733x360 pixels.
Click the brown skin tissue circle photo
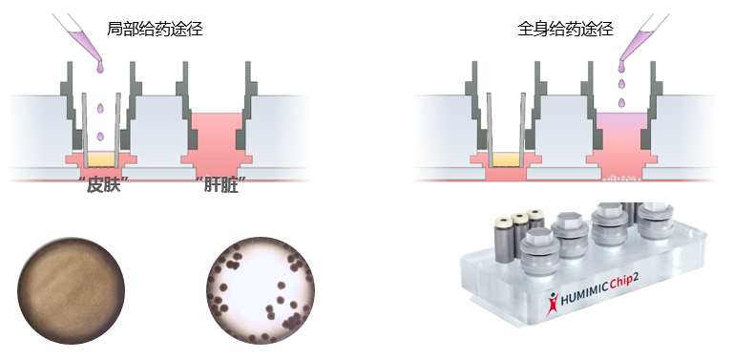(73, 289)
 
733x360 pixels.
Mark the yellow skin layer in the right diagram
(505, 159)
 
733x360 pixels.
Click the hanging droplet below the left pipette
(99, 67)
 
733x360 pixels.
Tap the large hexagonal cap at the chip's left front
(540, 241)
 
